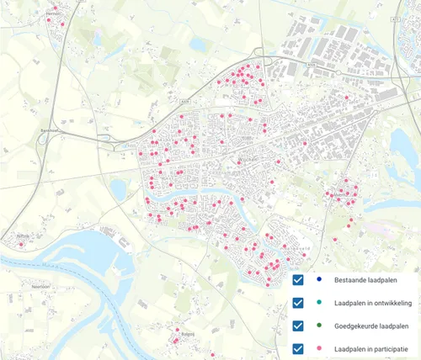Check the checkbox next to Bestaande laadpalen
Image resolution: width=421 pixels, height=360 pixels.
(297, 281)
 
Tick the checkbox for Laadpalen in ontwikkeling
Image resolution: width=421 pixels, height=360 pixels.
(297, 304)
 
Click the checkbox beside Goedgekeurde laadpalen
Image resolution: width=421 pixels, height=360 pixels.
(297, 326)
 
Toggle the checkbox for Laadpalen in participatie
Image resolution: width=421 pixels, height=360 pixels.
(297, 347)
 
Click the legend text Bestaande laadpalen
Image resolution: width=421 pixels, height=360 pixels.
(365, 281)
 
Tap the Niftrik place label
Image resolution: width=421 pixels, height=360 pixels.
(29, 237)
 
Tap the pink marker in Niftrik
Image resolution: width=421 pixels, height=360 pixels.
(22, 245)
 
